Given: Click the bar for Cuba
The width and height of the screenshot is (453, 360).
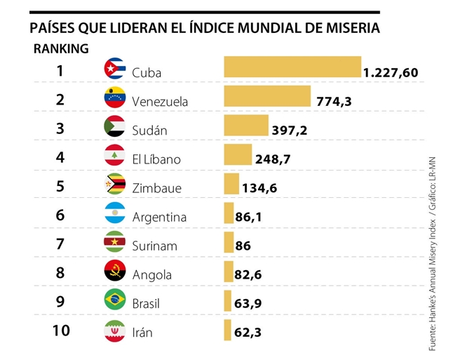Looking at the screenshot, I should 292,67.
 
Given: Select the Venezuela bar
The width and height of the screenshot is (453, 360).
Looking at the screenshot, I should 266,97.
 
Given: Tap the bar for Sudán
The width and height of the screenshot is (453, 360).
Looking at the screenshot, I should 245,126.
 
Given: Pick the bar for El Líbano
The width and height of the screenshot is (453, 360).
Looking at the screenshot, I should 237,154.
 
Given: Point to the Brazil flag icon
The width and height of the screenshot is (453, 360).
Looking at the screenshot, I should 114,300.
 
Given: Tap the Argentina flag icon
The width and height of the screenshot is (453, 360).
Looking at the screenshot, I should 114,213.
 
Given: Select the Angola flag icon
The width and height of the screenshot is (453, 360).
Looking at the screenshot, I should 114,271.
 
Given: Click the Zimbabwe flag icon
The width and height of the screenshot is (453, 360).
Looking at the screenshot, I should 114,184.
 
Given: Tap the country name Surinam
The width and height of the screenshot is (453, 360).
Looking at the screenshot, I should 154,246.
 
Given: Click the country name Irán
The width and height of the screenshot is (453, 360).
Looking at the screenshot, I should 142,332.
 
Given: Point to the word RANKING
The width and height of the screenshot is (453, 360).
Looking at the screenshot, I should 61,48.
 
